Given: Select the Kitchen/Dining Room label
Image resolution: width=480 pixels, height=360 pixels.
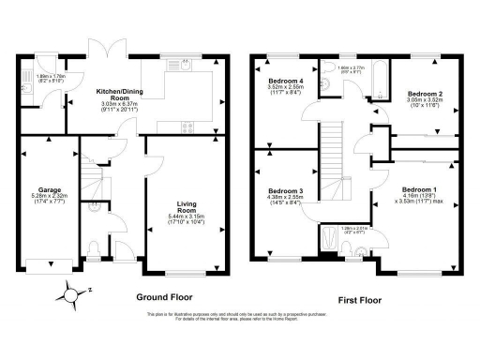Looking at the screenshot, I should pyautogui.click(x=119, y=94).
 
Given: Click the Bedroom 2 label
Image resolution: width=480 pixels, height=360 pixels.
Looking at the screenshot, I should pyautogui.click(x=424, y=95).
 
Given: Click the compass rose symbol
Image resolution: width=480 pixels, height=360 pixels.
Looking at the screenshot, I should pyautogui.click(x=70, y=295).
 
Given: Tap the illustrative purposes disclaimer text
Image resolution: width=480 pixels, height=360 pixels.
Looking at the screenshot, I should pyautogui.click(x=240, y=315).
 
